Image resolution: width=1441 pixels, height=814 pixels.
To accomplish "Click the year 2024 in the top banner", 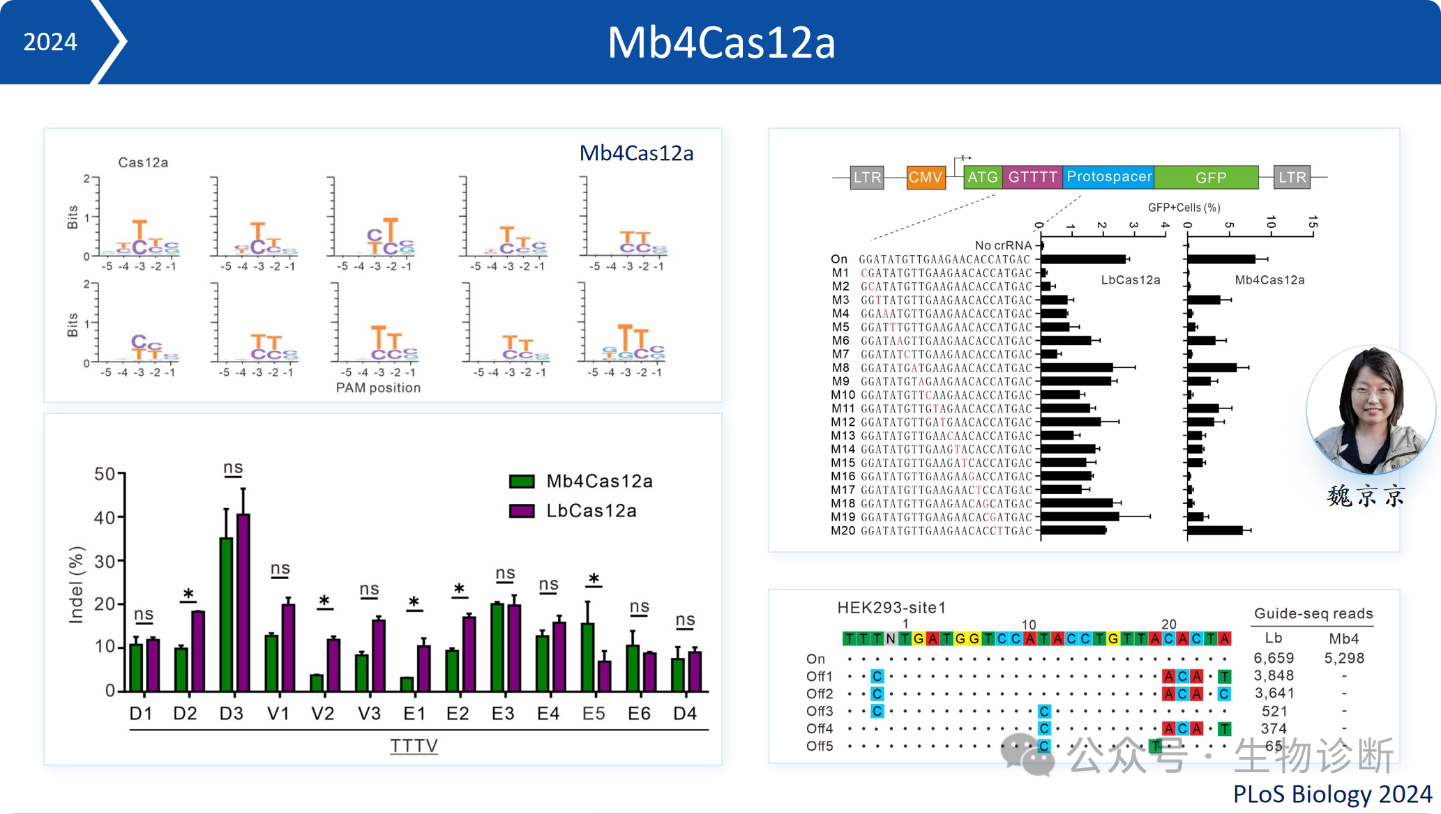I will point(50,42).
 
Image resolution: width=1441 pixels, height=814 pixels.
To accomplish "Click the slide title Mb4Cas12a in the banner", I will point(721,43).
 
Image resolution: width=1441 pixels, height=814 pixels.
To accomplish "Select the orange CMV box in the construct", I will point(926,177).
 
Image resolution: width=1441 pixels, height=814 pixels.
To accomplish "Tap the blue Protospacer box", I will point(1108,177).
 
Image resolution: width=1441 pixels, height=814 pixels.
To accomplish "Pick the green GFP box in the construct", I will point(1210,178).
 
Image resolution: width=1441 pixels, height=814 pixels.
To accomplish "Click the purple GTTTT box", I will point(1032,177).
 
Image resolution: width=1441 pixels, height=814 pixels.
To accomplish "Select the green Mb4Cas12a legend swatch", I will point(522,481).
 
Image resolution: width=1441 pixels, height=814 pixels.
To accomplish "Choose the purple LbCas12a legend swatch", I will point(522,511).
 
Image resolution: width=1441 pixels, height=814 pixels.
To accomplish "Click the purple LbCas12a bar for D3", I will point(243,603).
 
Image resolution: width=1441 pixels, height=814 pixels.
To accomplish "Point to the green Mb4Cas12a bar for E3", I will point(497,647).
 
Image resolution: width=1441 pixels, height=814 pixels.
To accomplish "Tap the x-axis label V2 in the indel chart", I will point(322,714).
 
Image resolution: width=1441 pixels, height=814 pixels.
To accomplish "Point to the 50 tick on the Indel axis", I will point(105,475).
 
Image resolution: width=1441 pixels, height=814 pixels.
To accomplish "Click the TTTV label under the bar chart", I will point(414,746).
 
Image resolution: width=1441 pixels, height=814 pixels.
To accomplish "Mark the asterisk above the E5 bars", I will point(594,579).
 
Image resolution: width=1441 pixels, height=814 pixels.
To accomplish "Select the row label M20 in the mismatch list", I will point(843,531).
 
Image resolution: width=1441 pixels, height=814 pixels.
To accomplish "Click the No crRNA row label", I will point(1003,245).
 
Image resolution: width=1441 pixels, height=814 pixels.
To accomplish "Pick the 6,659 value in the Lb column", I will point(1274,658).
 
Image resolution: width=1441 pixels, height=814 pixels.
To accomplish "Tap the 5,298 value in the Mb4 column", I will point(1344,658).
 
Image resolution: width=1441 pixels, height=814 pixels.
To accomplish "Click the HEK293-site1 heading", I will point(891,608).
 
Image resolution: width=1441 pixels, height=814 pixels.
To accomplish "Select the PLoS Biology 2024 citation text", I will point(1332,794).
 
